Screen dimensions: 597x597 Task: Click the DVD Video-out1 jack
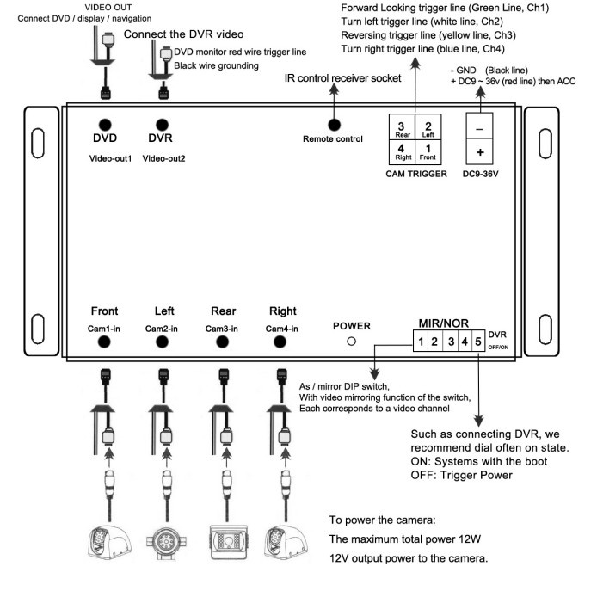tap(105, 125)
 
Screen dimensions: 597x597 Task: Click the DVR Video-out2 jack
tap(160, 125)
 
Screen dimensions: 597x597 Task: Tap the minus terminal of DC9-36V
tap(479, 128)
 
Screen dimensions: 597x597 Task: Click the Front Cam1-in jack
tap(105, 342)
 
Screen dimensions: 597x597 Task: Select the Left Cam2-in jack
tap(161, 342)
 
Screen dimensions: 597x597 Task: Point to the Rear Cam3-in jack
tap(222, 342)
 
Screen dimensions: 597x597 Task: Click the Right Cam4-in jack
tap(279, 342)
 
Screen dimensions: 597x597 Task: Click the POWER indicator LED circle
tap(351, 342)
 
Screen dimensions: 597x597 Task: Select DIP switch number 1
tap(420, 342)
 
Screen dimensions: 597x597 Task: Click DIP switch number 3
tap(449, 342)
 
